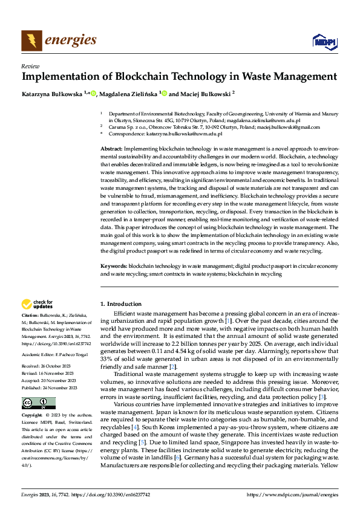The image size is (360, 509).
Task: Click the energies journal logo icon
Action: [31, 41]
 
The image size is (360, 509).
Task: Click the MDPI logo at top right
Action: [324, 41]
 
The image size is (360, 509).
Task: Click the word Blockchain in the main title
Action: [135, 77]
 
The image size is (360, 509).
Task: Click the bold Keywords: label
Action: [113, 266]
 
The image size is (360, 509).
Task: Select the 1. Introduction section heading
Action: [120, 303]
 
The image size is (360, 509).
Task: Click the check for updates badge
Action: [38, 305]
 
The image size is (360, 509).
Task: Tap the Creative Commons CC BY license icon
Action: [39, 403]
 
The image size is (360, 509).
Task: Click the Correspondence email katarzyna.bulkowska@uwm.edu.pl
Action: [188, 134]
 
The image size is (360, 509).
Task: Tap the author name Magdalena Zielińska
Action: [127, 94]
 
